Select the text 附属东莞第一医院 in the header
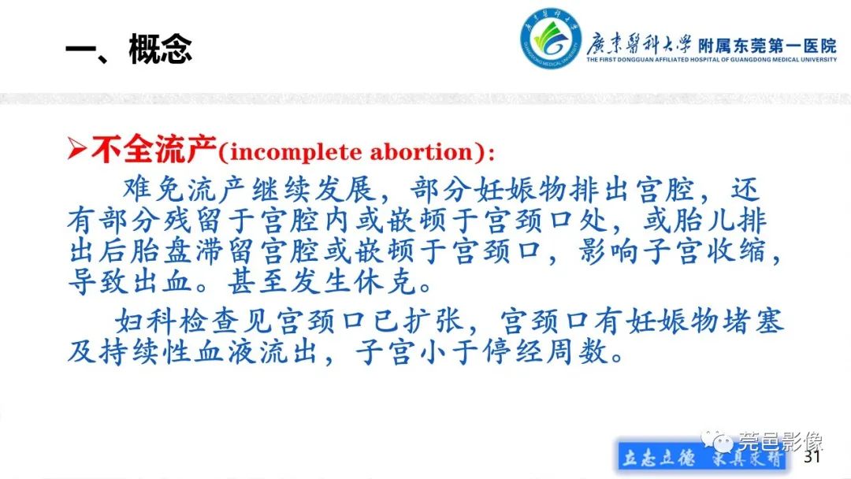click(x=767, y=46)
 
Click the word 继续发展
click(x=316, y=190)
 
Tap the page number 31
click(x=812, y=458)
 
